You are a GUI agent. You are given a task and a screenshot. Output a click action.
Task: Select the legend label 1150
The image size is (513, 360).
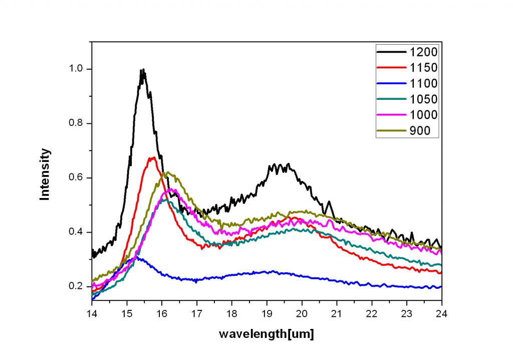423,67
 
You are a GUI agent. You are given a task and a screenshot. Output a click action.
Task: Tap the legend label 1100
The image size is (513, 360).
423,83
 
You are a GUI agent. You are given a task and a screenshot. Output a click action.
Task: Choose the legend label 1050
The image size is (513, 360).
423,99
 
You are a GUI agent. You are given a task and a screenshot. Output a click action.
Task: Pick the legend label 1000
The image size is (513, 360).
423,115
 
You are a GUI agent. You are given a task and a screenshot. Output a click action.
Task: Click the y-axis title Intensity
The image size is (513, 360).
45,174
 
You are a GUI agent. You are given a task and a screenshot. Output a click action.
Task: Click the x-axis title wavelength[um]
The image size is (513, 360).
267,334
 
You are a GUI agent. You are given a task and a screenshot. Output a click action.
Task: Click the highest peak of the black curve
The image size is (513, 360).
143,70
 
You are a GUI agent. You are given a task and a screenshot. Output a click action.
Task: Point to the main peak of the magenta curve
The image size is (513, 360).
171,190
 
